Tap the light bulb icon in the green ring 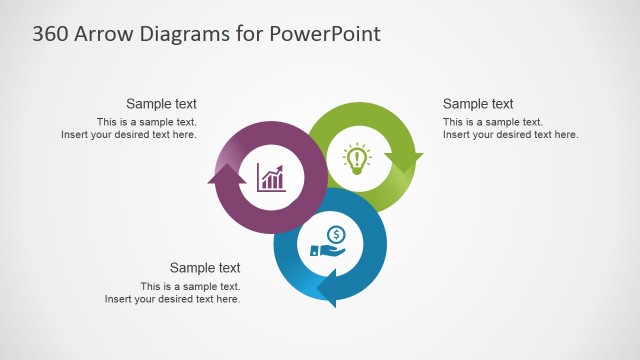coord(357,159)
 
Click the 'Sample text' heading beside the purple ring coord(161,104)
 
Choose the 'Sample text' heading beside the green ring coord(478,104)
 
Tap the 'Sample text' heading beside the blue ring coord(205,268)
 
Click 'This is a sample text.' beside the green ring coord(493,122)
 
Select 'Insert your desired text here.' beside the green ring coord(511,135)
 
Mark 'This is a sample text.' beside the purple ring coord(146,122)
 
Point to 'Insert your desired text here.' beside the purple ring coord(129,135)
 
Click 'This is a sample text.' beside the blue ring coord(190,286)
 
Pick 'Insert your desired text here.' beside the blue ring coord(173,299)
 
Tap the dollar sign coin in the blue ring coord(337,235)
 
